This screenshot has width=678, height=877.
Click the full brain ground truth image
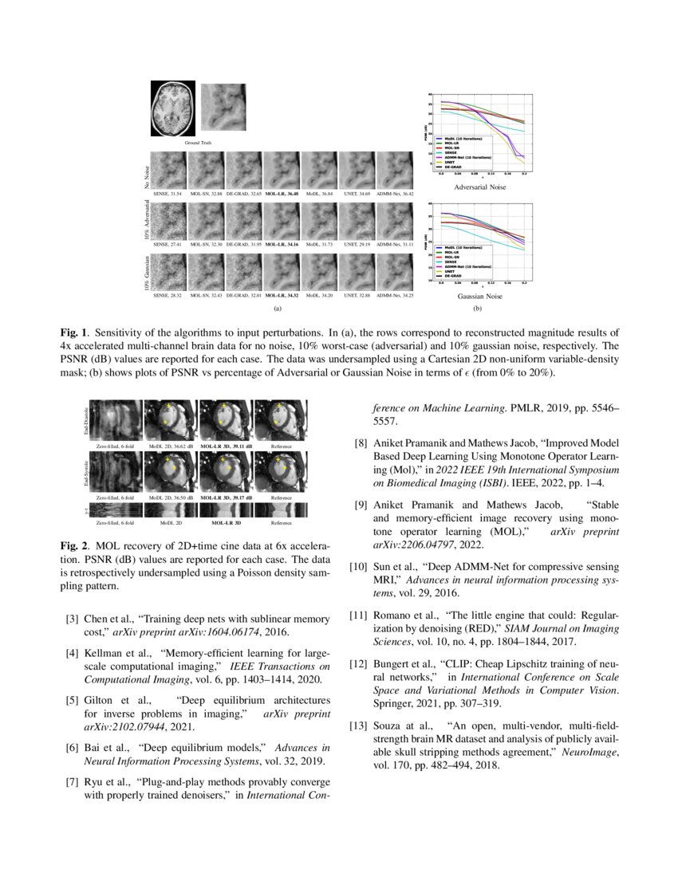tap(173, 109)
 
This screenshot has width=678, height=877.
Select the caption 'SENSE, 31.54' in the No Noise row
tap(168, 194)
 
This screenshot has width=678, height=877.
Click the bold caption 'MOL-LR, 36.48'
tap(282, 194)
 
